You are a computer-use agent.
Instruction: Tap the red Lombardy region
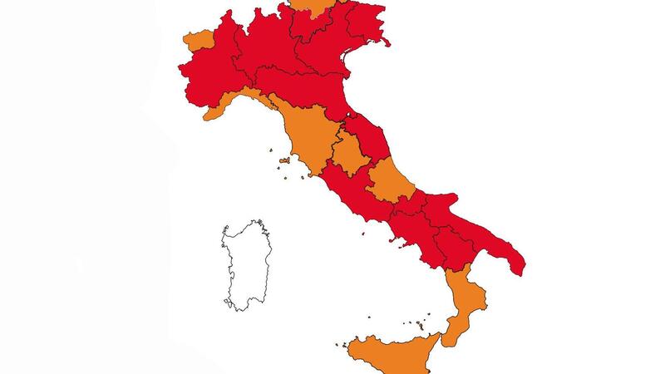pyautogui.click(x=262, y=50)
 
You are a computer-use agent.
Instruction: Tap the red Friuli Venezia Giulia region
pyautogui.click(x=366, y=21)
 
